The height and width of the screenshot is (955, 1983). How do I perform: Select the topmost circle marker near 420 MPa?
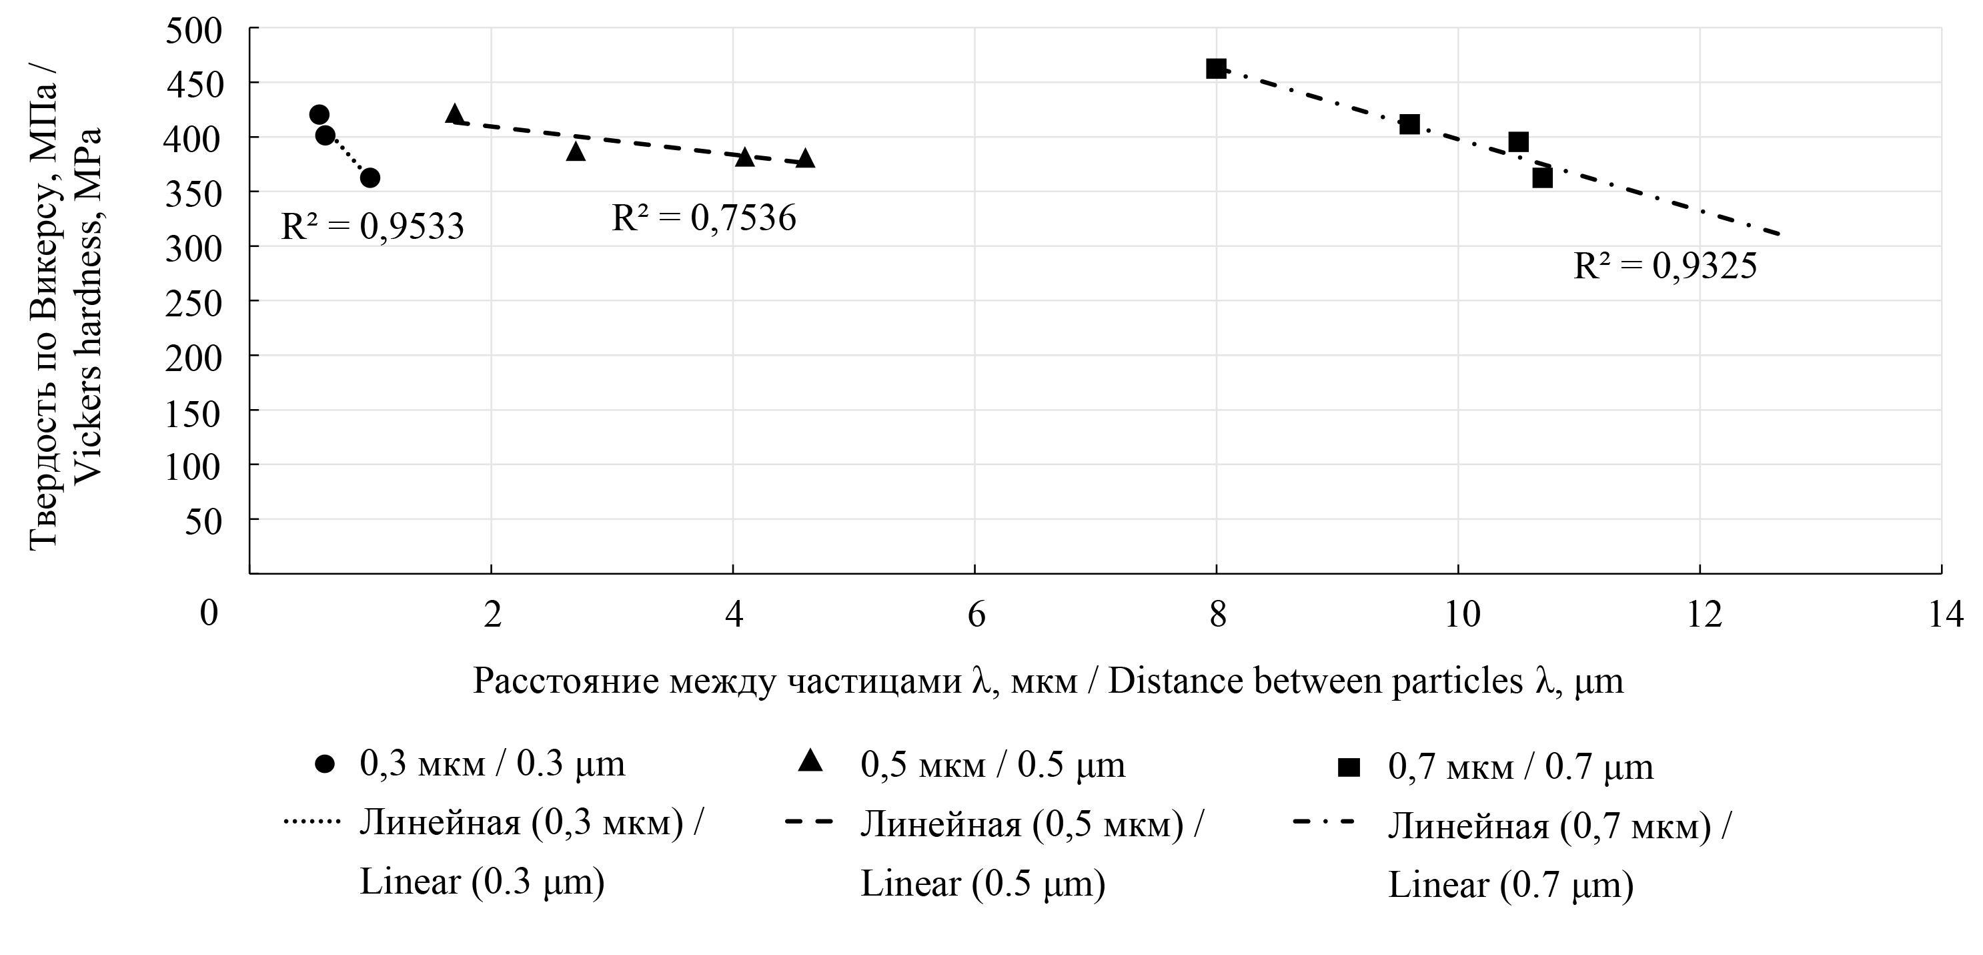tap(319, 115)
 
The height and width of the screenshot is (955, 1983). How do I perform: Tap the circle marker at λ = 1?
tap(370, 178)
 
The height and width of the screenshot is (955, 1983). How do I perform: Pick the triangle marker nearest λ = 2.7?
tap(576, 151)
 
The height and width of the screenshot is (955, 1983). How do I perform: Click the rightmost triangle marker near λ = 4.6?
tap(805, 159)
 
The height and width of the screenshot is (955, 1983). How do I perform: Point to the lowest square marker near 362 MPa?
tap(1542, 179)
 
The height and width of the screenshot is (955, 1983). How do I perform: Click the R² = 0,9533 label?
tap(373, 226)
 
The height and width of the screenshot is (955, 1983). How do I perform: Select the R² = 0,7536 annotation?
tap(704, 218)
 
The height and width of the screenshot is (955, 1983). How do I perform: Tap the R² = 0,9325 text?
tap(1665, 266)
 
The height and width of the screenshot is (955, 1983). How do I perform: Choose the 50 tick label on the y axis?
tap(203, 521)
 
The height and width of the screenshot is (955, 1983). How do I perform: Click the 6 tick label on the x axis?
tap(975, 615)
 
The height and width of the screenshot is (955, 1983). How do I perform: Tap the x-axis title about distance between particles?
tap(1048, 681)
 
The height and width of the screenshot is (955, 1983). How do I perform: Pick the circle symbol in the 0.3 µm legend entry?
tap(325, 765)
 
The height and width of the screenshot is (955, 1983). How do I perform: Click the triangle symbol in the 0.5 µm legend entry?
tap(810, 762)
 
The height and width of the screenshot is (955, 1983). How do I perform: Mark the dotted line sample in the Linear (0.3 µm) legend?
tap(311, 822)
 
